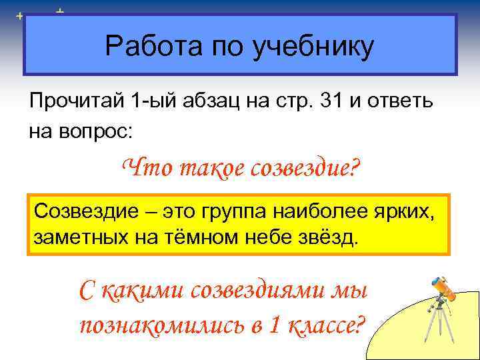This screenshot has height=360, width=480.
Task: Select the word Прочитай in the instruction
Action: (78, 103)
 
